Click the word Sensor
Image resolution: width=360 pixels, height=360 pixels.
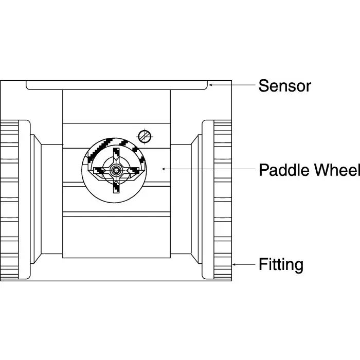284,85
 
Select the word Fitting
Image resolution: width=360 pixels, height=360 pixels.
280,265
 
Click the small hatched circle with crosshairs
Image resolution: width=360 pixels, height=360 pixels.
145,136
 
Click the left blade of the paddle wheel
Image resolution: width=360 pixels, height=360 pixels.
99,169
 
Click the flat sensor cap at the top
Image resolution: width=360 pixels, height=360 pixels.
117,84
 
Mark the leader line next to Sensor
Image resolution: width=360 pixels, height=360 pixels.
231,85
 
